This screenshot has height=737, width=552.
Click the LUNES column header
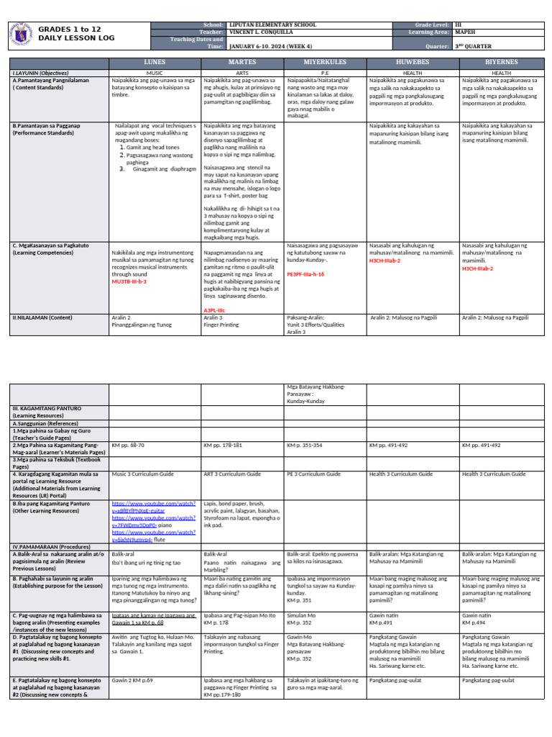coord(155,63)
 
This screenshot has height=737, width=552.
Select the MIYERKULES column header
coord(325,63)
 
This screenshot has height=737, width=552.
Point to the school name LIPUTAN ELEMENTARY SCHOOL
coord(272,24)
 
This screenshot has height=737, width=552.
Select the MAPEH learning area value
coord(464,32)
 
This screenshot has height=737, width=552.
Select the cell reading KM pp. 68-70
coord(128,446)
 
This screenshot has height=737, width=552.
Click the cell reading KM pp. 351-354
coord(304,446)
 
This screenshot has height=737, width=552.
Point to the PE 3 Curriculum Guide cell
coord(313,474)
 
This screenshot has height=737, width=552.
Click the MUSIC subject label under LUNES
coord(155,73)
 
